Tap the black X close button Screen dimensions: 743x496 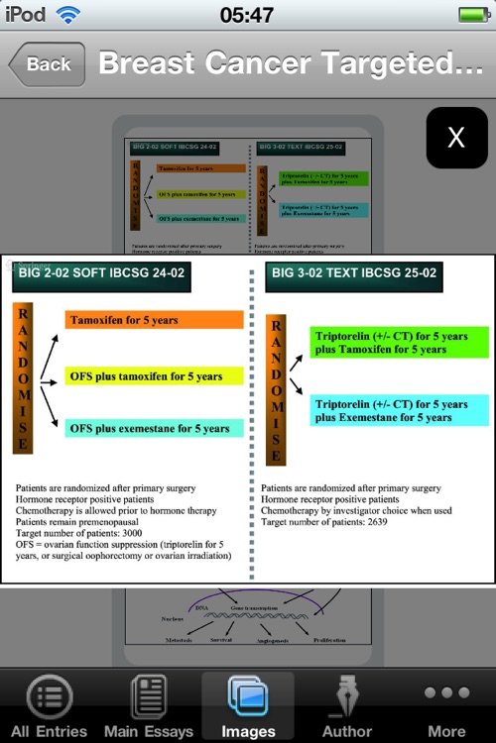(456, 138)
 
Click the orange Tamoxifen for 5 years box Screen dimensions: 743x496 (154, 320)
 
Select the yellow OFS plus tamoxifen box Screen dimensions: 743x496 (154, 376)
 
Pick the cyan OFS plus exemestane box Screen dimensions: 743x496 (154, 428)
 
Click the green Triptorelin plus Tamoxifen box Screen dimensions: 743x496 (400, 343)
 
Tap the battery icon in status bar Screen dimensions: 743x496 (473, 15)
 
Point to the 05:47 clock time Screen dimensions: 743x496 (247, 15)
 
